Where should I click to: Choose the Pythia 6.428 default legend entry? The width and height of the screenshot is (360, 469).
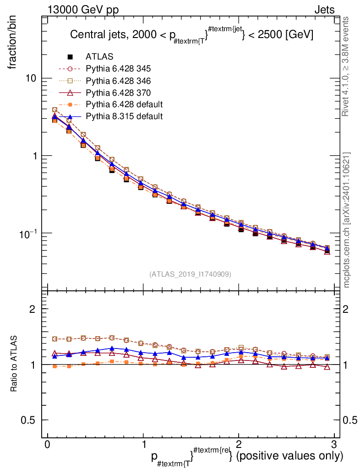124,104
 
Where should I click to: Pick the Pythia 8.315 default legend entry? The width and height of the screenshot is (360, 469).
124,116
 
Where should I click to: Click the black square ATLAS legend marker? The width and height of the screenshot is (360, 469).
70,57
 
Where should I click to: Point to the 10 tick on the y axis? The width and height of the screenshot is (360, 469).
32,78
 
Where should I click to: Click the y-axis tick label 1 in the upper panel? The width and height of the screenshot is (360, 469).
35,156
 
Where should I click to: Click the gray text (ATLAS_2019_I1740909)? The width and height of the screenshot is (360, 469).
190,274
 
